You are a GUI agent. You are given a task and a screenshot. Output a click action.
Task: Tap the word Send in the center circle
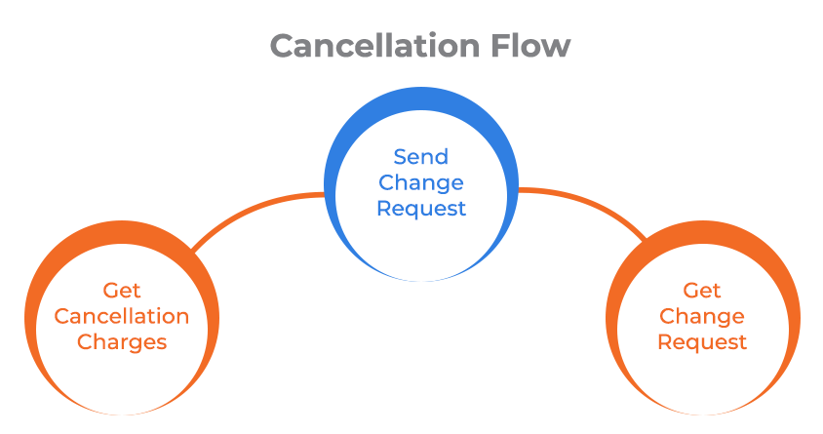point(421,157)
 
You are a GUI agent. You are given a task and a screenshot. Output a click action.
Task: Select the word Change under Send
point(421,182)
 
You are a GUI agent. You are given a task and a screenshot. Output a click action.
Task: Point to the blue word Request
point(421,208)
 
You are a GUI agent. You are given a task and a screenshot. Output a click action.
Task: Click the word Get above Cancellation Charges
point(122,291)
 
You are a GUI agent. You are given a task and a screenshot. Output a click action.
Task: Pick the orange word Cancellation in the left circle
point(122,316)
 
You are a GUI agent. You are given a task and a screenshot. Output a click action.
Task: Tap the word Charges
point(122,342)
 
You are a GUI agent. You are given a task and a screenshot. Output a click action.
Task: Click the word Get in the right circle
point(702,291)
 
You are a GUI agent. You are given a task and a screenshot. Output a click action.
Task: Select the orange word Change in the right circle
point(702,316)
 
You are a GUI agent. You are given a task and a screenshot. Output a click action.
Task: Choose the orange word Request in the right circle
point(702,342)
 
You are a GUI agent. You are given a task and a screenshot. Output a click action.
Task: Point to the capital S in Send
point(400,157)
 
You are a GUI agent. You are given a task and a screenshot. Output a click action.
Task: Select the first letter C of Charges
point(85,342)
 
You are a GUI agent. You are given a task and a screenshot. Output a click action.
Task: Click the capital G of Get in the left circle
point(109,291)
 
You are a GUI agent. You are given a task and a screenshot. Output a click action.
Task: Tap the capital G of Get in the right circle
point(689,291)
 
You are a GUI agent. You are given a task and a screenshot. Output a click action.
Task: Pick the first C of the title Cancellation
point(283,46)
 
